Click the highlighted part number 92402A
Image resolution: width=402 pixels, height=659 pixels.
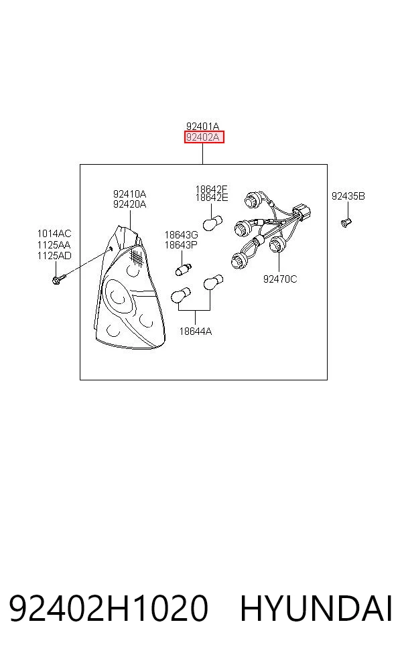(x=204, y=137)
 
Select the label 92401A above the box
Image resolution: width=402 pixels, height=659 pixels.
(x=203, y=126)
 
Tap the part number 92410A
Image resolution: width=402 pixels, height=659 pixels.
(x=129, y=194)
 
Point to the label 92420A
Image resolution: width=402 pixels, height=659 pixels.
(x=129, y=204)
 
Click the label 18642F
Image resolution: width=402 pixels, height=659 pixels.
(x=212, y=189)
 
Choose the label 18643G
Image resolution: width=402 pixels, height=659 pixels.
(x=182, y=235)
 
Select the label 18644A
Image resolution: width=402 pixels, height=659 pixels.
(x=196, y=332)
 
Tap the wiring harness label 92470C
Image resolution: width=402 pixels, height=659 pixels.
(x=280, y=279)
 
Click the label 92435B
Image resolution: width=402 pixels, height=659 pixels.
(x=348, y=196)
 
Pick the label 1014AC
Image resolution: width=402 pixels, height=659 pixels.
(x=54, y=234)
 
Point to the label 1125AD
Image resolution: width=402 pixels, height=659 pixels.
(x=54, y=256)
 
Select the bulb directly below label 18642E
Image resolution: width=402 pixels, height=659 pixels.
(x=212, y=222)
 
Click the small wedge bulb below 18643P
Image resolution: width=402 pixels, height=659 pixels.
(x=184, y=269)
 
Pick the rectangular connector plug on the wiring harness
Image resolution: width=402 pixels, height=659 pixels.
(x=303, y=210)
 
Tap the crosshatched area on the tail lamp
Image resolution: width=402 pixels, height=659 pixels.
(x=136, y=256)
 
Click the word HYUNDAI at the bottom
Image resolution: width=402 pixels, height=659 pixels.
(x=316, y=608)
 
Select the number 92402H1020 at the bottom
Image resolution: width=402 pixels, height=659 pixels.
(x=109, y=608)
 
